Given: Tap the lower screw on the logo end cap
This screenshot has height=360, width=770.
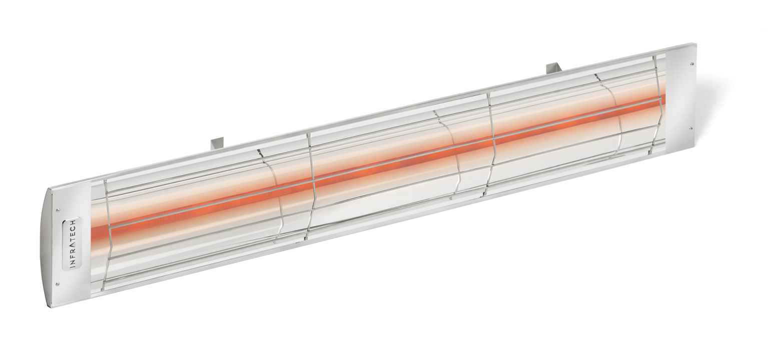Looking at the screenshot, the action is (x=57, y=283).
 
